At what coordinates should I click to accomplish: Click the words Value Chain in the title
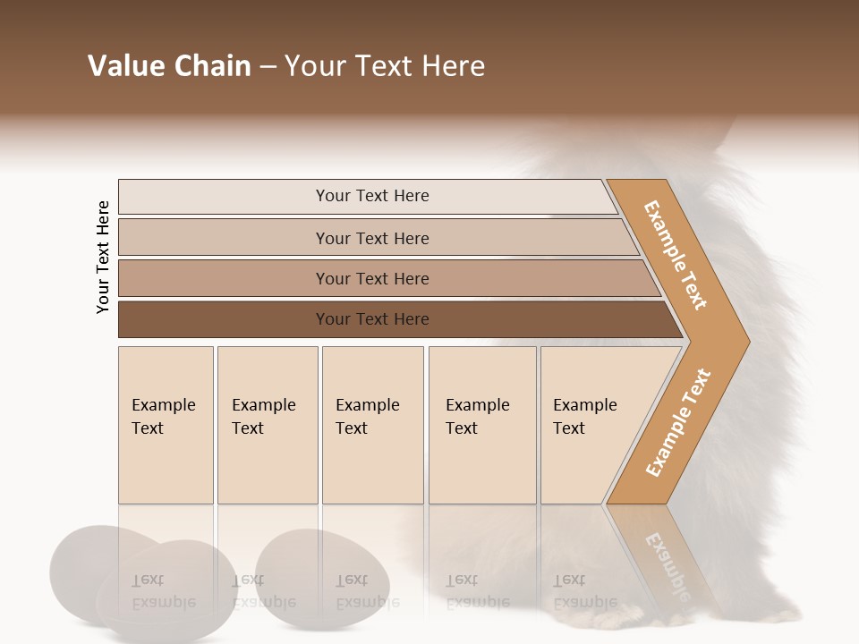click(169, 66)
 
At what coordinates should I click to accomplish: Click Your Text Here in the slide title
click(385, 66)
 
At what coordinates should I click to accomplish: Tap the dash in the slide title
click(268, 67)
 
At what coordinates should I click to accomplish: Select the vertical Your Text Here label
click(103, 257)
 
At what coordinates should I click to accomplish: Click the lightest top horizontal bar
click(371, 196)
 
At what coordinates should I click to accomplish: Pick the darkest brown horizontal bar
click(371, 319)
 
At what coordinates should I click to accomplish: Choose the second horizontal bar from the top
click(371, 238)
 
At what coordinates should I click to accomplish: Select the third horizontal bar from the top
click(371, 278)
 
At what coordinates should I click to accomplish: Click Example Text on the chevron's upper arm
click(676, 255)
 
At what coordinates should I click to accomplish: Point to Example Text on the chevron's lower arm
click(678, 422)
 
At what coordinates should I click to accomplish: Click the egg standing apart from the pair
click(322, 577)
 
